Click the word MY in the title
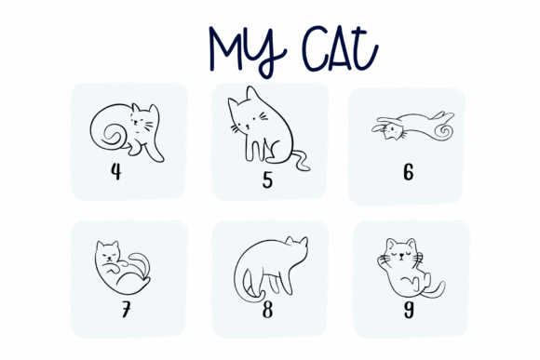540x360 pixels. point(248,51)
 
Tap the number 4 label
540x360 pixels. point(116,171)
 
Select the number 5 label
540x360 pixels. point(267,180)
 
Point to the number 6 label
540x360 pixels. point(409,172)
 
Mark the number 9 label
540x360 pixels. point(409,310)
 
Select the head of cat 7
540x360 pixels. point(107,252)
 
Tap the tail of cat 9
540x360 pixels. point(435,291)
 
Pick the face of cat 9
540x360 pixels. point(401,254)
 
